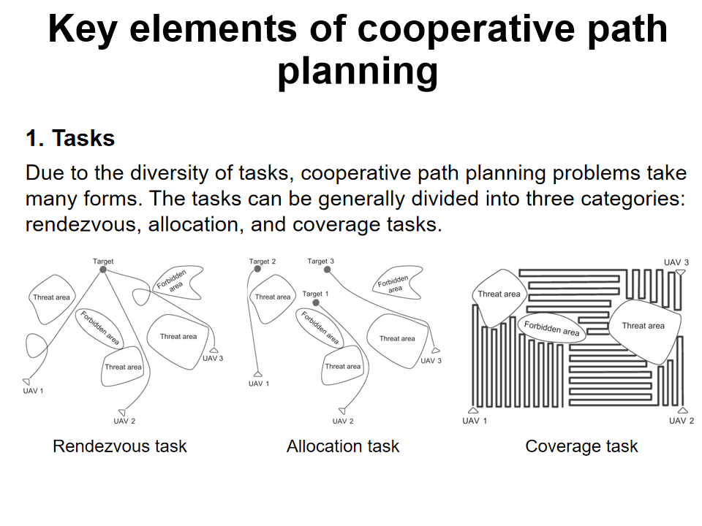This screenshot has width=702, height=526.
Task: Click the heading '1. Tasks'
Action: [x=70, y=138]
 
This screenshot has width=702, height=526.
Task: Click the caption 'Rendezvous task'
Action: [x=120, y=446]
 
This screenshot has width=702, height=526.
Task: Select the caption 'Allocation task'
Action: [x=343, y=446]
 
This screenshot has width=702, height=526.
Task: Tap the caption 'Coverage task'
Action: [x=581, y=446]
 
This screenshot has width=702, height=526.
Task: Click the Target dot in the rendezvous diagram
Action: [x=103, y=270]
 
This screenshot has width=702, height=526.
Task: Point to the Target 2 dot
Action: [x=257, y=270]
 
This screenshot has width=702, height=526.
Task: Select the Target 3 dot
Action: [x=327, y=270]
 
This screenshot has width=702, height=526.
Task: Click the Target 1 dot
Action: [x=316, y=302]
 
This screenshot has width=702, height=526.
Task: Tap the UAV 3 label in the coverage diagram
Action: [x=676, y=262]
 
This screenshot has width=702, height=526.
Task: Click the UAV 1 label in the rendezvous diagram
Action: [x=33, y=391]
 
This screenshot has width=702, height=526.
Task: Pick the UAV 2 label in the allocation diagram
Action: [x=343, y=421]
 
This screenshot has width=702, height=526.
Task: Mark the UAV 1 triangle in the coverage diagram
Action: [x=474, y=411]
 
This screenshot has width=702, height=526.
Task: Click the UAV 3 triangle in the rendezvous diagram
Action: [x=214, y=350]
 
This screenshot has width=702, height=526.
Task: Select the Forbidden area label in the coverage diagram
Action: [x=551, y=328]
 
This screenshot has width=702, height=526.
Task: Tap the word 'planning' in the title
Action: [x=358, y=72]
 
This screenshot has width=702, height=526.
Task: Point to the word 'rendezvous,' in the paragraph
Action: [x=81, y=224]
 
